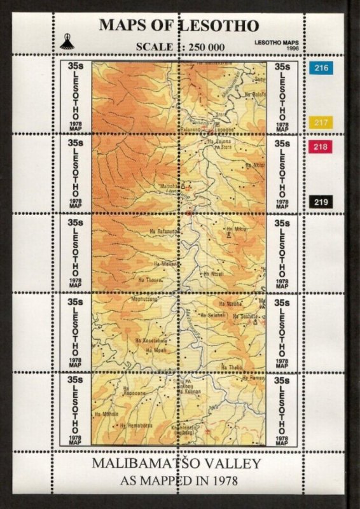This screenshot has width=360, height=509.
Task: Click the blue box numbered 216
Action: (x=321, y=67)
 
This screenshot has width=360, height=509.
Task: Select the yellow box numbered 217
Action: (x=321, y=123)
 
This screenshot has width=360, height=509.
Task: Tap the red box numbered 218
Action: (x=321, y=147)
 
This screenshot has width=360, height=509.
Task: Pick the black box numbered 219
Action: (x=321, y=202)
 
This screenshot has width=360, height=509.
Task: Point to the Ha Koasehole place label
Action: (x=149, y=340)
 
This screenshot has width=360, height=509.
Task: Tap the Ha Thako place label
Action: (x=232, y=366)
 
